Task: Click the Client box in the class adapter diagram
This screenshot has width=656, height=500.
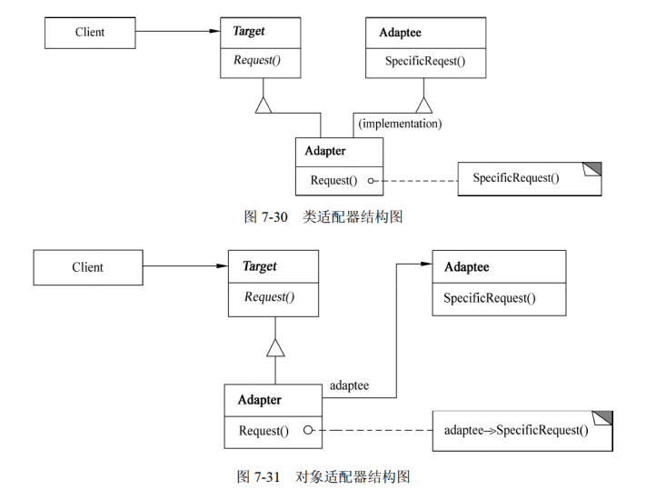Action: click(x=89, y=33)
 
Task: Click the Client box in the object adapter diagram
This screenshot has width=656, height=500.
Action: click(x=87, y=267)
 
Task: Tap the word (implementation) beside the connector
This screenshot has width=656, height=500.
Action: click(x=400, y=123)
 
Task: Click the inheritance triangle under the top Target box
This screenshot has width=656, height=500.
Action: click(x=263, y=105)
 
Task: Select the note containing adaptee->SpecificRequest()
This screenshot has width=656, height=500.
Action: click(x=522, y=430)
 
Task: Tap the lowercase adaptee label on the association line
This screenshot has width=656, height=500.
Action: click(x=349, y=385)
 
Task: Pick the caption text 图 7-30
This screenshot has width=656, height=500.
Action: click(x=266, y=217)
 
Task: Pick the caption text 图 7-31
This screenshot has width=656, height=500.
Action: click(x=261, y=476)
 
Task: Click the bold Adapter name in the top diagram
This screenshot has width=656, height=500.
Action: click(x=325, y=151)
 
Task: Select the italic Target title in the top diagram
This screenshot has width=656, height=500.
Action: click(x=248, y=32)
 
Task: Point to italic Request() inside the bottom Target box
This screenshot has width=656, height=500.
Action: click(x=269, y=297)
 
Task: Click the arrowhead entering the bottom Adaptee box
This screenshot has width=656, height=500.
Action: click(x=425, y=265)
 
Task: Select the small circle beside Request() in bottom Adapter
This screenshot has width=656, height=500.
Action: click(x=309, y=430)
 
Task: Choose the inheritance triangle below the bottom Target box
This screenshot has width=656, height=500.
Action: click(x=275, y=346)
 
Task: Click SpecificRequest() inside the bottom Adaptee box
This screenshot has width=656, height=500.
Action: click(x=490, y=297)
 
